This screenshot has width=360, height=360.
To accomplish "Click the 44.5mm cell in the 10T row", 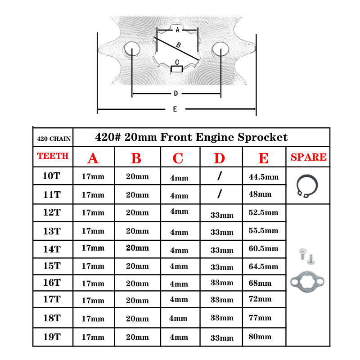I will click(x=264, y=177).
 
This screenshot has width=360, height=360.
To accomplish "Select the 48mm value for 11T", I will click(x=260, y=194).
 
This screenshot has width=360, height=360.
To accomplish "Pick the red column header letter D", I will click(x=219, y=158).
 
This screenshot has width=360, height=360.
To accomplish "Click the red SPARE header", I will click(x=309, y=157).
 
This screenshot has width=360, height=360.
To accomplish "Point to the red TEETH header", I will click(x=53, y=156).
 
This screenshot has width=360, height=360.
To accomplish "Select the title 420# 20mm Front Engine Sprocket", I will click(x=191, y=137).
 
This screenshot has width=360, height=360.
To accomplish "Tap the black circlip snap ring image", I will click(x=308, y=185).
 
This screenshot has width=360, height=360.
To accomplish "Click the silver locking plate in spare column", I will click(x=308, y=280).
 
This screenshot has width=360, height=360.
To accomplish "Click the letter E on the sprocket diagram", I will click(x=175, y=109).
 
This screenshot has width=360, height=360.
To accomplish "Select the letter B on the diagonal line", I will click(x=178, y=45).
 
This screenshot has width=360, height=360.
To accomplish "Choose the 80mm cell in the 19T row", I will click(x=260, y=336).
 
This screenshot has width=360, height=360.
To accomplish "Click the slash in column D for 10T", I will click(x=219, y=176).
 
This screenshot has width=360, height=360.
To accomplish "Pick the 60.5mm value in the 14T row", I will click(x=263, y=248).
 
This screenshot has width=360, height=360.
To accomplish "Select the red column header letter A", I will click(x=93, y=158).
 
